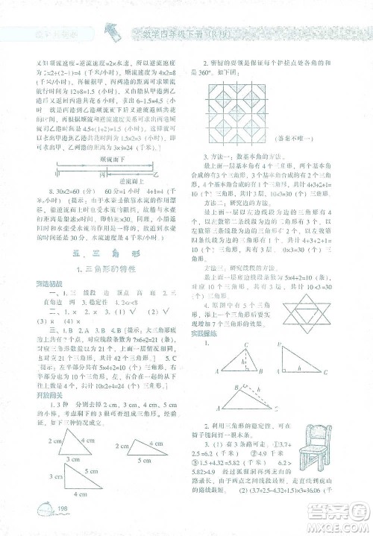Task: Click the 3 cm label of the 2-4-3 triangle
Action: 72,457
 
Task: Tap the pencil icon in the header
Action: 110,31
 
